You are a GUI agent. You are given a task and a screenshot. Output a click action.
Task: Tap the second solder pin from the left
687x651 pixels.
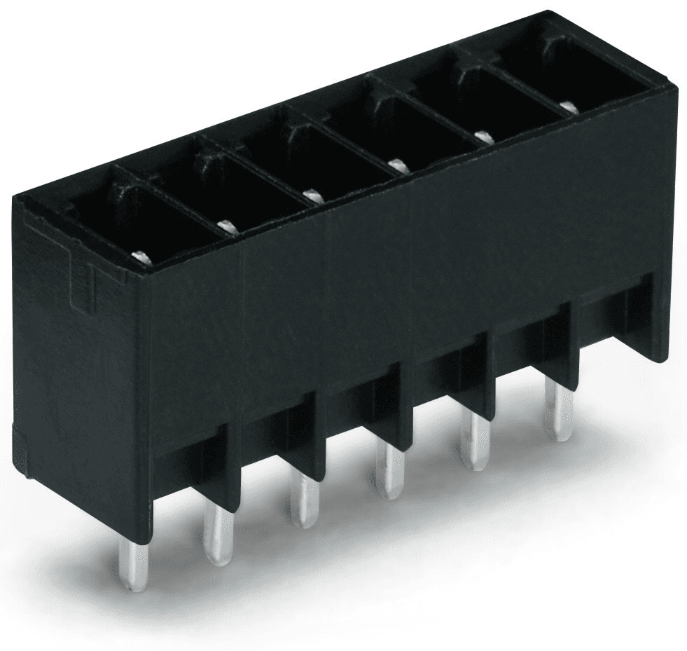[218, 532]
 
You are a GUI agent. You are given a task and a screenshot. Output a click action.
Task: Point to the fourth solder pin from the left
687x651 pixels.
[389, 473]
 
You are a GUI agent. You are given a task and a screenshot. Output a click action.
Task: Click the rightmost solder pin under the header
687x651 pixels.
[558, 414]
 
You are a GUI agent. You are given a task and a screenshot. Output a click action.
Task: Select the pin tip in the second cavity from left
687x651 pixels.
[225, 225]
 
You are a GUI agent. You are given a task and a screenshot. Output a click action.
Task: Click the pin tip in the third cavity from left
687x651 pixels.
[310, 193]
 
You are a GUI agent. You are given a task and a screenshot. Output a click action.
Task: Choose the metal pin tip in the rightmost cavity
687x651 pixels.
[568, 107]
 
